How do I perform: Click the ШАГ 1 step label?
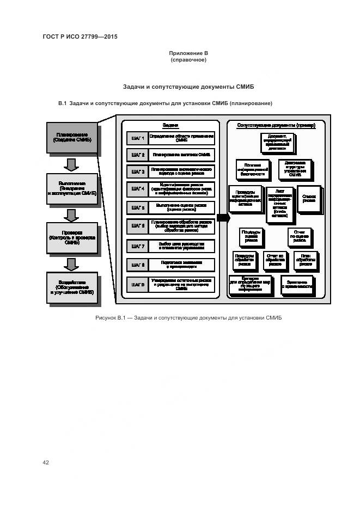pyautogui.click(x=137, y=138)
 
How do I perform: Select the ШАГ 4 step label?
pyautogui.click(x=137, y=189)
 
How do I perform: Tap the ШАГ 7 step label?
pyautogui.click(x=137, y=246)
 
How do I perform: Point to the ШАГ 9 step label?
pyautogui.click(x=137, y=285)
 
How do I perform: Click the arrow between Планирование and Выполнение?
pyautogui.click(x=71, y=163)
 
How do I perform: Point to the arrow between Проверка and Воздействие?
pyautogui.click(x=71, y=263)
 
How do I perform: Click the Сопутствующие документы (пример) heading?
pyautogui.click(x=276, y=125)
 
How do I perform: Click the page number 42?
pyautogui.click(x=46, y=462)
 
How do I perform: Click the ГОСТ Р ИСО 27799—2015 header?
pyautogui.click(x=80, y=37)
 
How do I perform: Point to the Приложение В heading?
pyautogui.click(x=188, y=53)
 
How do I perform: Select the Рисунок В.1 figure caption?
pyautogui.click(x=188, y=318)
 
